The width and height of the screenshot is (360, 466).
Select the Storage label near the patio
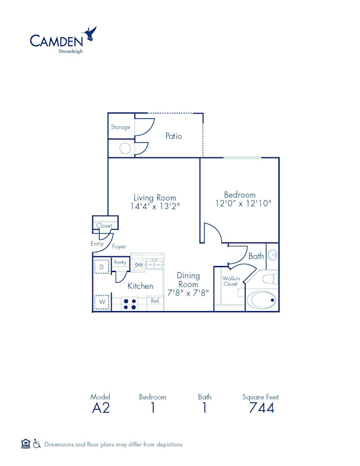pyautogui.click(x=121, y=127)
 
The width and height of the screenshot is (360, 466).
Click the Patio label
pyautogui.click(x=173, y=136)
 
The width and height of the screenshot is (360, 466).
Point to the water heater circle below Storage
pyautogui.click(x=125, y=148)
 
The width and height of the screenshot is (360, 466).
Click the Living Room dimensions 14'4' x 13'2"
pyautogui.click(x=155, y=206)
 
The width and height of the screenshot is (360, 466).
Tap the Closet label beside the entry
pyautogui.click(x=104, y=226)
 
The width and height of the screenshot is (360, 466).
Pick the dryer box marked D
pyautogui.click(x=101, y=266)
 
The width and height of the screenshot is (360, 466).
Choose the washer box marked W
pyautogui.click(x=101, y=301)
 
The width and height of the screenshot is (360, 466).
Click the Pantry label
pyautogui.click(x=120, y=262)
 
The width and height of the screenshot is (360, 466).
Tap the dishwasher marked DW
pyautogui.click(x=139, y=264)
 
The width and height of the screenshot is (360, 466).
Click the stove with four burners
pyautogui.click(x=130, y=303)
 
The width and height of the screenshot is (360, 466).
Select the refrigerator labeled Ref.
pyautogui.click(x=154, y=301)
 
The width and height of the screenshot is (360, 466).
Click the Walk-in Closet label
pyautogui.click(x=230, y=281)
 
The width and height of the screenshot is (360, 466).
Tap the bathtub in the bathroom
pyautogui.click(x=263, y=300)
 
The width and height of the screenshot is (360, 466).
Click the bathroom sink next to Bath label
pyautogui.click(x=272, y=255)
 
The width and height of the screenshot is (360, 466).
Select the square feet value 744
pyautogui.click(x=261, y=408)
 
